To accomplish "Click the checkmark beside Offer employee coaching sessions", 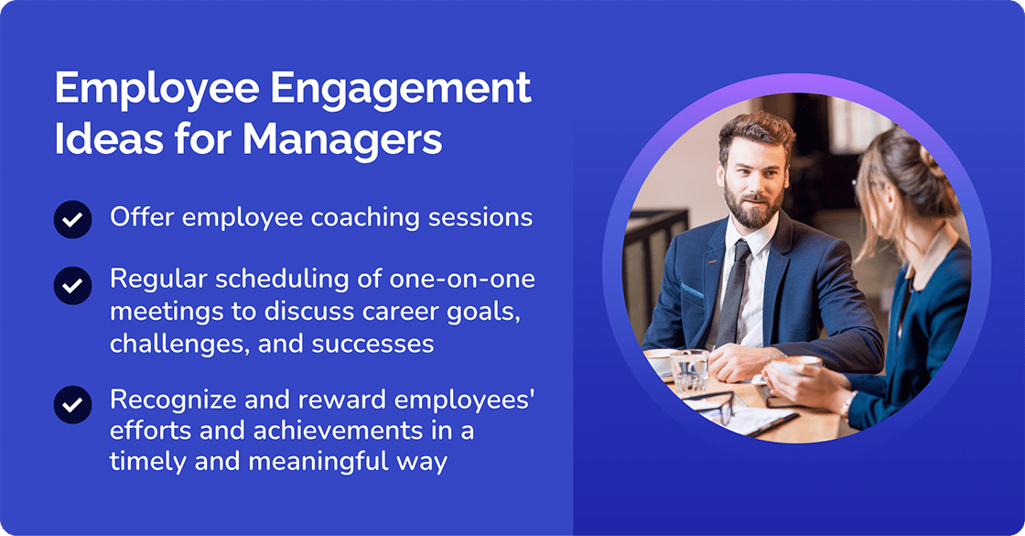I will [72, 220].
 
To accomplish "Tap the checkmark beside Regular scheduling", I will [72, 285].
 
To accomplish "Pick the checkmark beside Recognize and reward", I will [72, 403].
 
